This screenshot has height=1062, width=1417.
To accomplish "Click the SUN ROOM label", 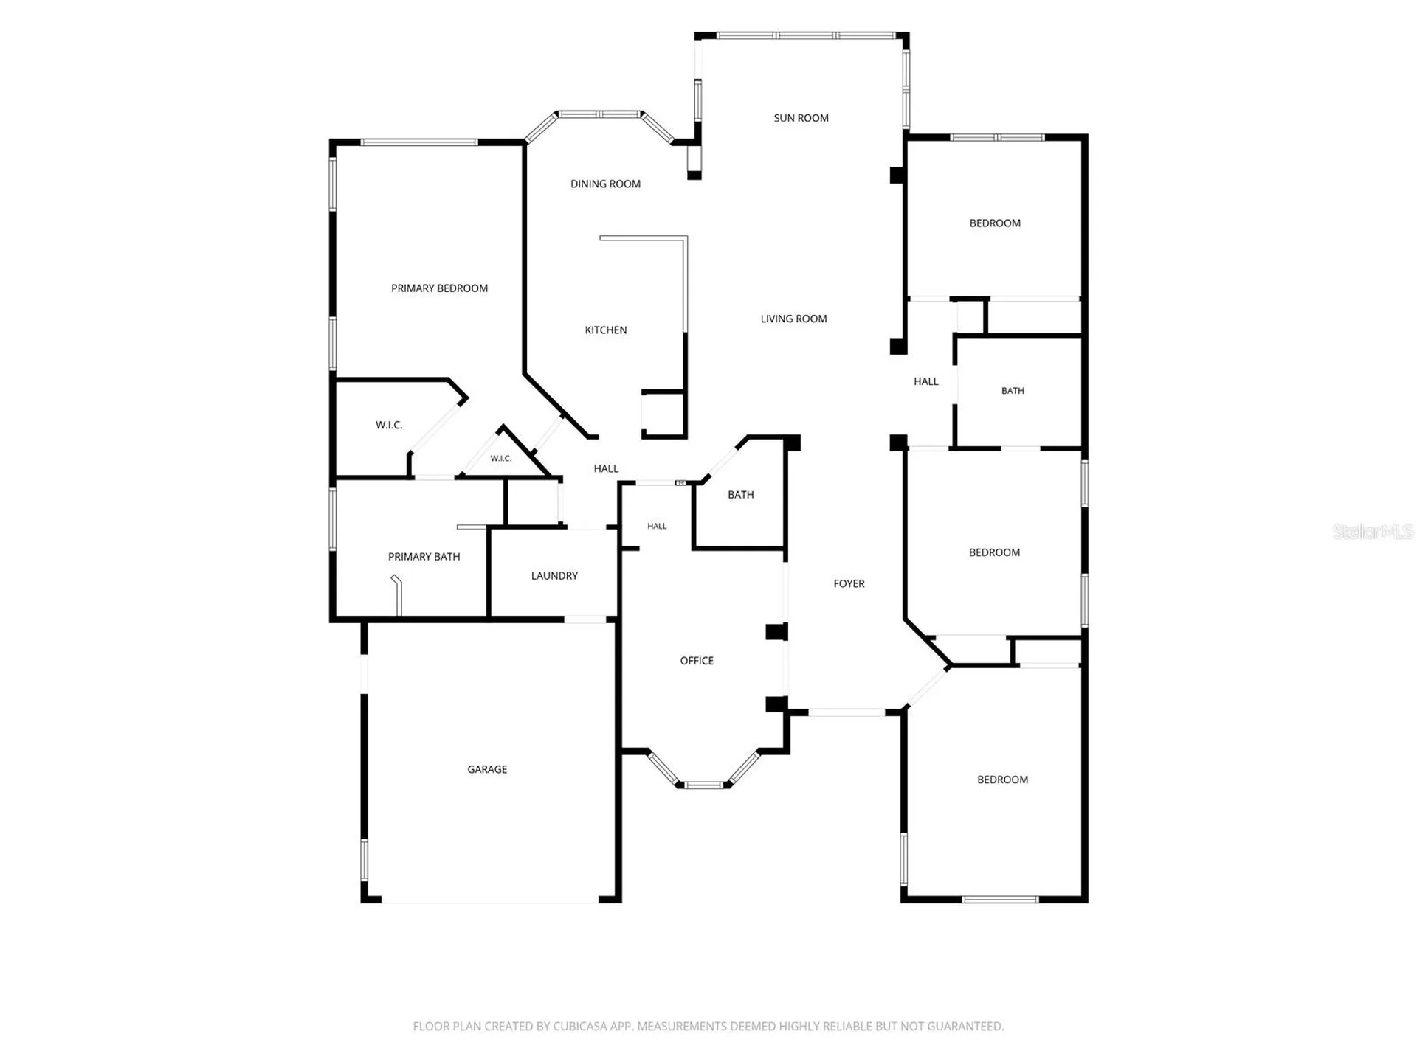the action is point(801,118).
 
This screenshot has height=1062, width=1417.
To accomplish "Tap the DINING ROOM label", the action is point(605,184).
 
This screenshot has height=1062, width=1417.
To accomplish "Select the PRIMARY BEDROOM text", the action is point(439,288).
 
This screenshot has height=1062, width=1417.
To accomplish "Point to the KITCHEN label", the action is point(606,330).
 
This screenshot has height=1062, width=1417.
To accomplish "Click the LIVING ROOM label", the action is point(793,319).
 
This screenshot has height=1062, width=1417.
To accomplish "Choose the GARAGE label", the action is point(487,769).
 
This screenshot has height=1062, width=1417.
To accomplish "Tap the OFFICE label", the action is point(697,661).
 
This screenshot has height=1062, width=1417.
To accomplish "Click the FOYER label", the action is point(849,583).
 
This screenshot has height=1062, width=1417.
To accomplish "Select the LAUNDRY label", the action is point(554,576).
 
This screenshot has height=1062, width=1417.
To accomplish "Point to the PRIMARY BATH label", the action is point(424,557).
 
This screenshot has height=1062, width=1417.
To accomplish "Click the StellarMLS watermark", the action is point(1373,531).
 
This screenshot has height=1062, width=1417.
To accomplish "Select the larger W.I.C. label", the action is point(389,425).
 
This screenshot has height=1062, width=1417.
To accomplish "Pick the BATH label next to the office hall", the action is point(741,495).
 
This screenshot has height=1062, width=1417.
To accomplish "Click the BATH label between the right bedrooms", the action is point(1013,391).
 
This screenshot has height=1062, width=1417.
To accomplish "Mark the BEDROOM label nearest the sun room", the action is point(995,223).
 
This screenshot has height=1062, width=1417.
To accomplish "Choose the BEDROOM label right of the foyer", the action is point(994,552).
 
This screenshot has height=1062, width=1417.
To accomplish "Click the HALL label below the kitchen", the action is point(606,468).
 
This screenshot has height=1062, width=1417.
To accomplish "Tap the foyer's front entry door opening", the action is point(847,712).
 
